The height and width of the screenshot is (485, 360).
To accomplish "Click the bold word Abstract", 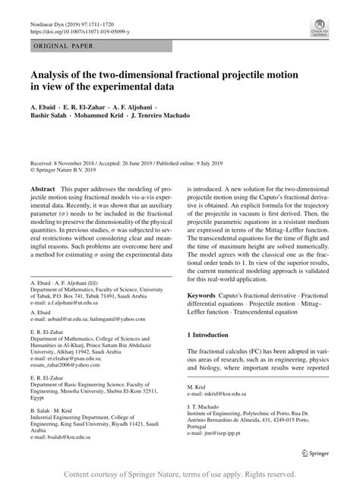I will (x=43, y=187).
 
